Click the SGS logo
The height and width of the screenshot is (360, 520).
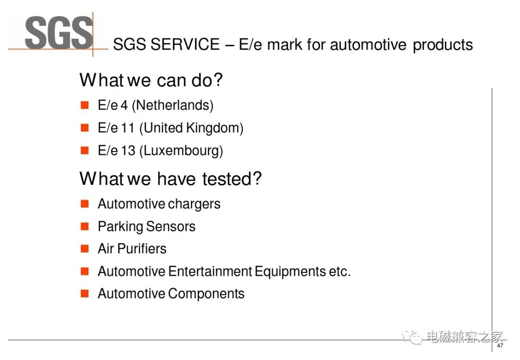coord(59,33)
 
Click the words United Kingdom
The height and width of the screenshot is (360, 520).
coord(191,128)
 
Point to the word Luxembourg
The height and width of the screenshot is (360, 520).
coord(181,151)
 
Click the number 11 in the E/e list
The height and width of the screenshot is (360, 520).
coord(127,128)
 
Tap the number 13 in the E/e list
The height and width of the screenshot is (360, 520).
coord(128,151)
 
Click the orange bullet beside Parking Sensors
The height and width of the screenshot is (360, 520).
coord(85,226)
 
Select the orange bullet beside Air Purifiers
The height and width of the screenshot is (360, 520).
coord(85,249)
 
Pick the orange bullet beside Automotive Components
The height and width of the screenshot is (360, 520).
coord(85,294)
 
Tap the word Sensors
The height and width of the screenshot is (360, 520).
coord(170,227)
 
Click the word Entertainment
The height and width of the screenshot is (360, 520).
coord(210,271)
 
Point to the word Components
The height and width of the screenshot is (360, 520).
coord(206,294)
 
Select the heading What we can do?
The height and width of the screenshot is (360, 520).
coord(151,80)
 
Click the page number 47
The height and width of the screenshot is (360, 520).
coord(500,346)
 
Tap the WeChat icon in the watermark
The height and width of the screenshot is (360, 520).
coord(412,336)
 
